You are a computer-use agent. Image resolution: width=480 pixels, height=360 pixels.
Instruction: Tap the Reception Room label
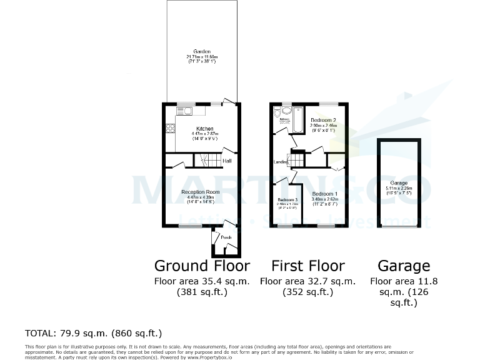click(x=201, y=192)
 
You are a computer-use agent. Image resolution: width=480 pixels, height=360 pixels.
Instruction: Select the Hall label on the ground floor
click(x=227, y=161)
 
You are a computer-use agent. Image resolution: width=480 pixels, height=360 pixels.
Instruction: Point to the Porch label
click(x=226, y=237)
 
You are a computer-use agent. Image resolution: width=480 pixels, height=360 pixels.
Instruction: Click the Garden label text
click(x=201, y=51)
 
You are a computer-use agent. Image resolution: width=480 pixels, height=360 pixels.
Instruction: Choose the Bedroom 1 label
click(x=324, y=194)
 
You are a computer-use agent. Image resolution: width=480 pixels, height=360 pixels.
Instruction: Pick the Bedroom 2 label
click(x=324, y=120)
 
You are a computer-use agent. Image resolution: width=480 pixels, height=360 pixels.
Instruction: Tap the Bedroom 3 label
click(x=287, y=200)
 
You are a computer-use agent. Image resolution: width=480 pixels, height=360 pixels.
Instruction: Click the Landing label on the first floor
click(x=281, y=162)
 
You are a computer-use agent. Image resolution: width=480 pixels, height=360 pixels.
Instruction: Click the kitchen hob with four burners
click(x=170, y=129)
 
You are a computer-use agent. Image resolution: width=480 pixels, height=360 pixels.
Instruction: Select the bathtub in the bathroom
click(x=297, y=119)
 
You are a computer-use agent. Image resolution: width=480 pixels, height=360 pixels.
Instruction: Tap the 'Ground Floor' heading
click(x=202, y=266)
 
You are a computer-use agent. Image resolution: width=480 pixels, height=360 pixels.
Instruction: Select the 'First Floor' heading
click(x=307, y=266)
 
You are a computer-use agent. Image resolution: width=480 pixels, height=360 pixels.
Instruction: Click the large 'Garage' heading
click(x=404, y=266)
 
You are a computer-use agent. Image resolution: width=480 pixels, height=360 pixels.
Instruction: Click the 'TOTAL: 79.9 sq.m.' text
click(x=93, y=332)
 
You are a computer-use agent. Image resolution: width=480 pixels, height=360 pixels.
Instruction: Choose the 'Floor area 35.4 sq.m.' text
click(x=202, y=281)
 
